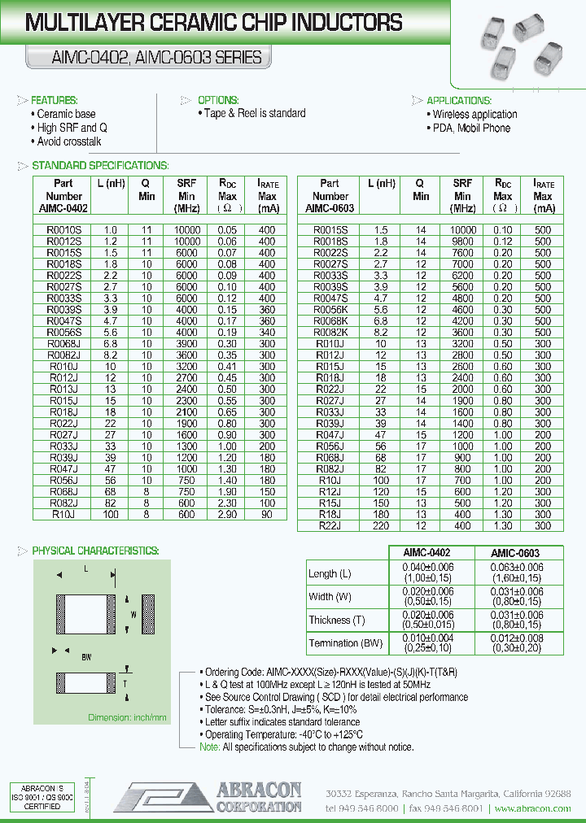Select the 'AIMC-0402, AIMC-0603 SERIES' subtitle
pyautogui.click(x=145, y=57)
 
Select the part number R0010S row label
pyautogui.click(x=63, y=230)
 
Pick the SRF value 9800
pyautogui.click(x=462, y=242)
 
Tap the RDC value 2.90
pyautogui.click(x=227, y=515)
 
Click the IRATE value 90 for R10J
pyautogui.click(x=267, y=515)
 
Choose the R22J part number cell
pyautogui.click(x=330, y=526)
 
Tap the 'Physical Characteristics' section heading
pyautogui.click(x=95, y=551)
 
